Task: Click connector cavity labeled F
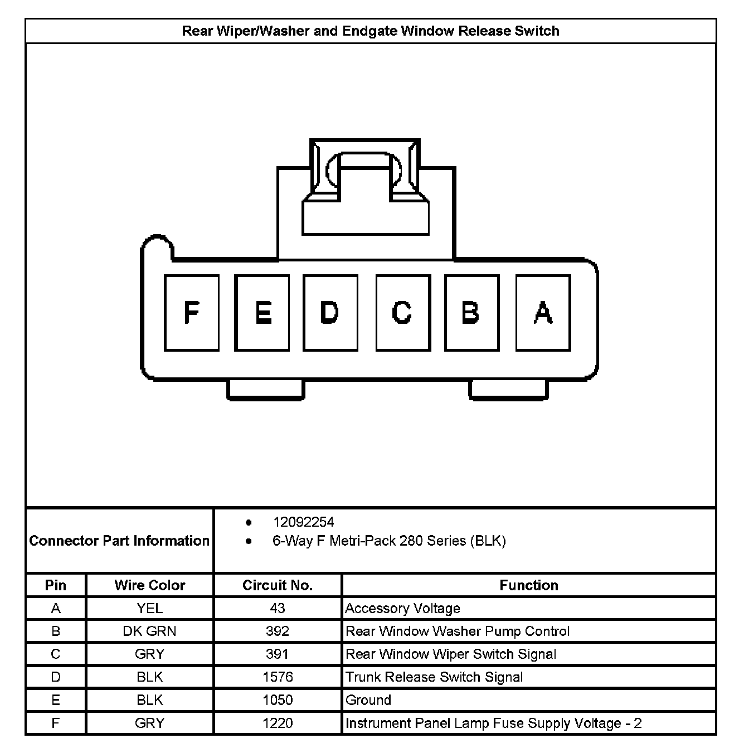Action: click(x=191, y=313)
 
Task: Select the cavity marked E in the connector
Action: click(x=262, y=313)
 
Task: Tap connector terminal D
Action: click(x=330, y=313)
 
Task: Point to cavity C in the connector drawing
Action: click(x=402, y=313)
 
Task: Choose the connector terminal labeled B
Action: click(x=471, y=313)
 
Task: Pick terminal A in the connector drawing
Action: click(x=543, y=313)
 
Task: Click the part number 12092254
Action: click(x=303, y=522)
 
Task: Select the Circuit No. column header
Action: click(x=278, y=585)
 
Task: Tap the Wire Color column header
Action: click(x=149, y=585)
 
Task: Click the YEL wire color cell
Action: click(x=149, y=608)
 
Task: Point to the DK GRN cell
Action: click(x=149, y=631)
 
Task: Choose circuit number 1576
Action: click(x=278, y=677)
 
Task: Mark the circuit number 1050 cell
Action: click(x=278, y=700)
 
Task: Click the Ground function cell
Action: click(x=368, y=700)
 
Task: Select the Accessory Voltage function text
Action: click(x=402, y=608)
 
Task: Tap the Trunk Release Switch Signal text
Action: click(x=434, y=677)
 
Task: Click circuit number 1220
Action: click(x=278, y=723)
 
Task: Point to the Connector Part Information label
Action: click(x=119, y=541)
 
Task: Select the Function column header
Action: click(x=528, y=585)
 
